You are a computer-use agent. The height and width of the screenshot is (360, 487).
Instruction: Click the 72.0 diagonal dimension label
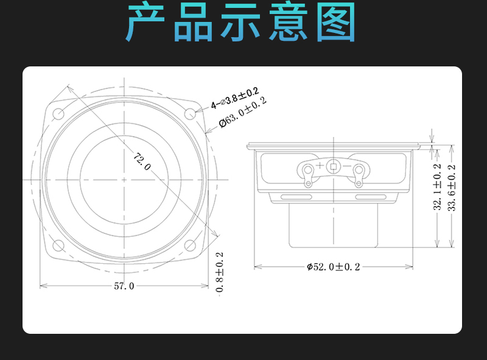(142, 161)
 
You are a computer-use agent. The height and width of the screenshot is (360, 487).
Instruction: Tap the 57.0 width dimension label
(124, 286)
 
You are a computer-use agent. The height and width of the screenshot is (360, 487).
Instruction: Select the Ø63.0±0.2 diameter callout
(242, 112)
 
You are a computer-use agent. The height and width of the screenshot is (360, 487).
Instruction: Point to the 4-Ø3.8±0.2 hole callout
(235, 98)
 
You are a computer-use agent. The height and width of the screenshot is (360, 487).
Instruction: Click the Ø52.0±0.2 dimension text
(333, 267)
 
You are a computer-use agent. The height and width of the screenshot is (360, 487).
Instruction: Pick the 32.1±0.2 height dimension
(437, 187)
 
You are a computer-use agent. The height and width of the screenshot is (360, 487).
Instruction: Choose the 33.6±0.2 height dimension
(451, 188)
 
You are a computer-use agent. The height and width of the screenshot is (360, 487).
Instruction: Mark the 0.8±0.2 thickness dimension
(219, 272)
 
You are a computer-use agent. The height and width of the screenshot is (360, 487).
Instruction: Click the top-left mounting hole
(58, 114)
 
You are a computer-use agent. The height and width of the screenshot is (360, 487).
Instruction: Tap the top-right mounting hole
(190, 114)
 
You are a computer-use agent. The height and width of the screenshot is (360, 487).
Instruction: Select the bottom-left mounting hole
(58, 245)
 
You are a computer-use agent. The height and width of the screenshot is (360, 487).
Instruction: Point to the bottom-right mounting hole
(190, 245)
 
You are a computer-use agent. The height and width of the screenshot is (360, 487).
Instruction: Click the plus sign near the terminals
(320, 165)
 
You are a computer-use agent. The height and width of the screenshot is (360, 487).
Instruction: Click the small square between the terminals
(334, 167)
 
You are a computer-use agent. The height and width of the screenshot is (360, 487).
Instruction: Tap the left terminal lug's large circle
(308, 170)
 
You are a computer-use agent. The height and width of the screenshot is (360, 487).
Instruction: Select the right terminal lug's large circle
(359, 170)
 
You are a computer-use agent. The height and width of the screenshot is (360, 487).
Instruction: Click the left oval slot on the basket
(296, 197)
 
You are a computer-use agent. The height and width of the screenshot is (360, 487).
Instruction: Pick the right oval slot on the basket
(371, 197)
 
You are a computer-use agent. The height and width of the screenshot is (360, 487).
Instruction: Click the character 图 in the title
(337, 21)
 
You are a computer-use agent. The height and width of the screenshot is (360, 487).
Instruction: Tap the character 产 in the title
(145, 21)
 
